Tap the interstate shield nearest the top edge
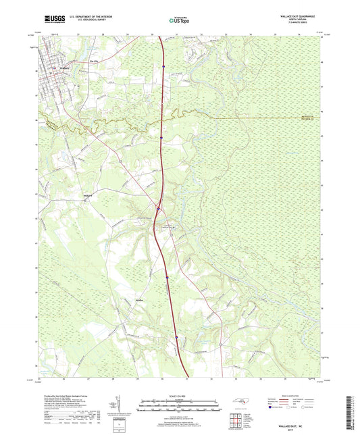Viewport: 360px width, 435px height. pyautogui.click(x=163, y=66)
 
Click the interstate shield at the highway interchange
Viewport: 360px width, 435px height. pyautogui.click(x=159, y=208)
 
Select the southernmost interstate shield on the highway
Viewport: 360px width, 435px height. pyautogui.click(x=177, y=338)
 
